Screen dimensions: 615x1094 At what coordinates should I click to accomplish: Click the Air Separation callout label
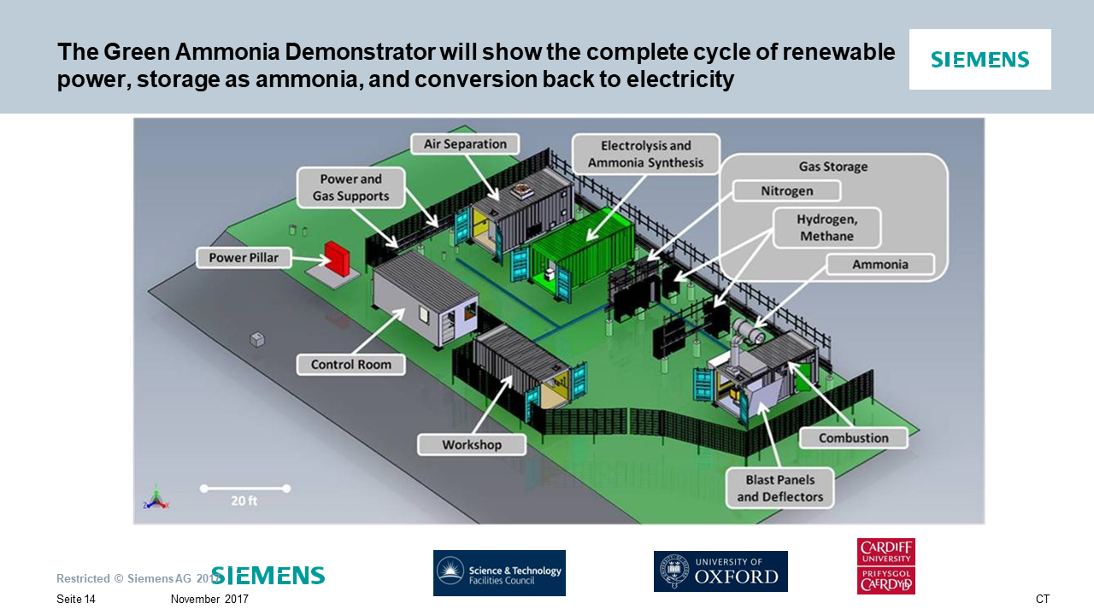click(465, 144)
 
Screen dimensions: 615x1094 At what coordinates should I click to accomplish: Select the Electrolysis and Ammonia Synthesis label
click(645, 155)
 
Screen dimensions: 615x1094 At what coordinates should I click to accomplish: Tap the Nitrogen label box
click(786, 191)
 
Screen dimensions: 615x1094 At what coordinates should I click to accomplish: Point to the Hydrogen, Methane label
click(826, 227)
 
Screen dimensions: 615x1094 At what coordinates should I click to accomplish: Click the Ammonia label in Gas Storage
click(879, 265)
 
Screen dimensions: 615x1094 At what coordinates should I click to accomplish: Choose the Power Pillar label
click(244, 257)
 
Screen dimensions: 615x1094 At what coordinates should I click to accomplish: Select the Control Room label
click(350, 365)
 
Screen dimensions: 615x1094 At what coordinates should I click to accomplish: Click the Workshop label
click(471, 445)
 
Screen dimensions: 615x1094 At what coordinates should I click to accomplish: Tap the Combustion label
click(853, 438)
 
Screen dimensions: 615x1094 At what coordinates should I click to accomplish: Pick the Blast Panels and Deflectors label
click(779, 488)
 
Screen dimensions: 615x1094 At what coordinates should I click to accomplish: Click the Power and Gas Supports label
click(350, 188)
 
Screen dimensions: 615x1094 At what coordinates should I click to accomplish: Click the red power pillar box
click(338, 257)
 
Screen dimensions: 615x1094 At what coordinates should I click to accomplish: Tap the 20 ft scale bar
click(244, 489)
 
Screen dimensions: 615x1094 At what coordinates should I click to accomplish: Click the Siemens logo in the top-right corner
click(979, 60)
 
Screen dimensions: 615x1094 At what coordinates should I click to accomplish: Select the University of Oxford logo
click(721, 571)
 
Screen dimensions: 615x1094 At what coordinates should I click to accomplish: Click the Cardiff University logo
click(885, 565)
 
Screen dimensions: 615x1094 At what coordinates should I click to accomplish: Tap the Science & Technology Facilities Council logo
click(499, 572)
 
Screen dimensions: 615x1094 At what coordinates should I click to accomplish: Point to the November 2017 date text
click(209, 600)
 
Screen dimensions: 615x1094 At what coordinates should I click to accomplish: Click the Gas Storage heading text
click(832, 167)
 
